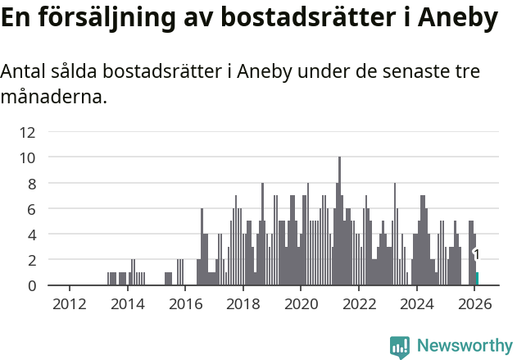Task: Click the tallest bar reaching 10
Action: pyautogui.click(x=339, y=221)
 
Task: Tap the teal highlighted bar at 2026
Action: pyautogui.click(x=477, y=279)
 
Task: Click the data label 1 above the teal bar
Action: pyautogui.click(x=476, y=255)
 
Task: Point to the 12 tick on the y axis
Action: pyautogui.click(x=28, y=131)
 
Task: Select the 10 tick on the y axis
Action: pyautogui.click(x=28, y=157)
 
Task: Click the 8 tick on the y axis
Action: pyautogui.click(x=31, y=183)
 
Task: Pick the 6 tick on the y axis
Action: pyautogui.click(x=31, y=209)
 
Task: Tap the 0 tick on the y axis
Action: pyautogui.click(x=31, y=285)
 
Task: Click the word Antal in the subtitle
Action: pyautogui.click(x=24, y=72)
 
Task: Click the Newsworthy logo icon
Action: pyautogui.click(x=400, y=346)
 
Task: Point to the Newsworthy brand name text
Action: pyautogui.click(x=465, y=346)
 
